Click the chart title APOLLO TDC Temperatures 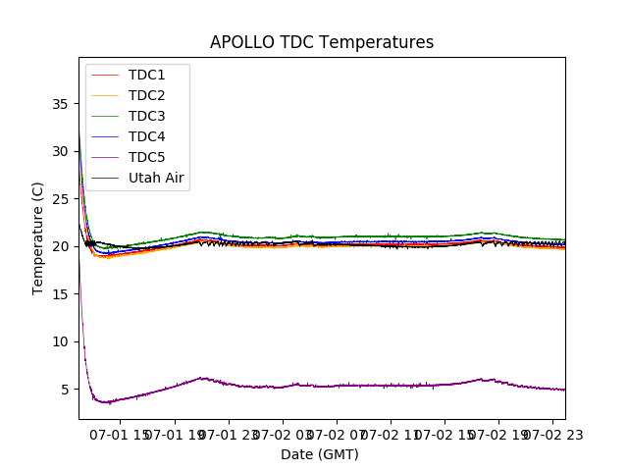[322, 42]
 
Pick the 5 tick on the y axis [64, 389]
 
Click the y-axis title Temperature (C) [38, 237]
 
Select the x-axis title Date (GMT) [320, 454]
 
